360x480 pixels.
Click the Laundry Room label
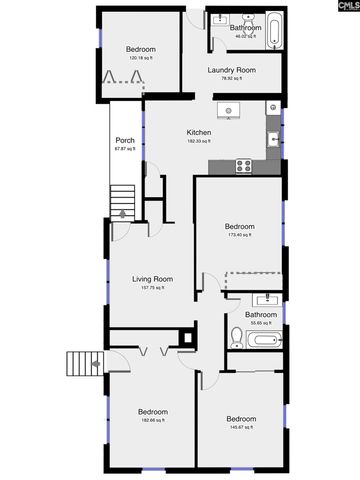pyautogui.click(x=231, y=70)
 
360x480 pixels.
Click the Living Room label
pyautogui.click(x=153, y=279)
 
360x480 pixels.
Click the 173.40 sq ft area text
pyautogui.click(x=239, y=236)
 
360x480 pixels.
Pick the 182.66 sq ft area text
pyautogui.click(x=152, y=420)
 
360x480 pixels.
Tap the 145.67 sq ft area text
pyautogui.click(x=241, y=427)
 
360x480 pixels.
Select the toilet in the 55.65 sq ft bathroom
pyautogui.click(x=236, y=336)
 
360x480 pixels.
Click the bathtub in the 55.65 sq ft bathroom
pyautogui.click(x=264, y=341)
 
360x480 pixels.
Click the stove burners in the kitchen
pyautogui.click(x=243, y=167)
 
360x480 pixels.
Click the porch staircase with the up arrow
pyautogui.click(x=121, y=200)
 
